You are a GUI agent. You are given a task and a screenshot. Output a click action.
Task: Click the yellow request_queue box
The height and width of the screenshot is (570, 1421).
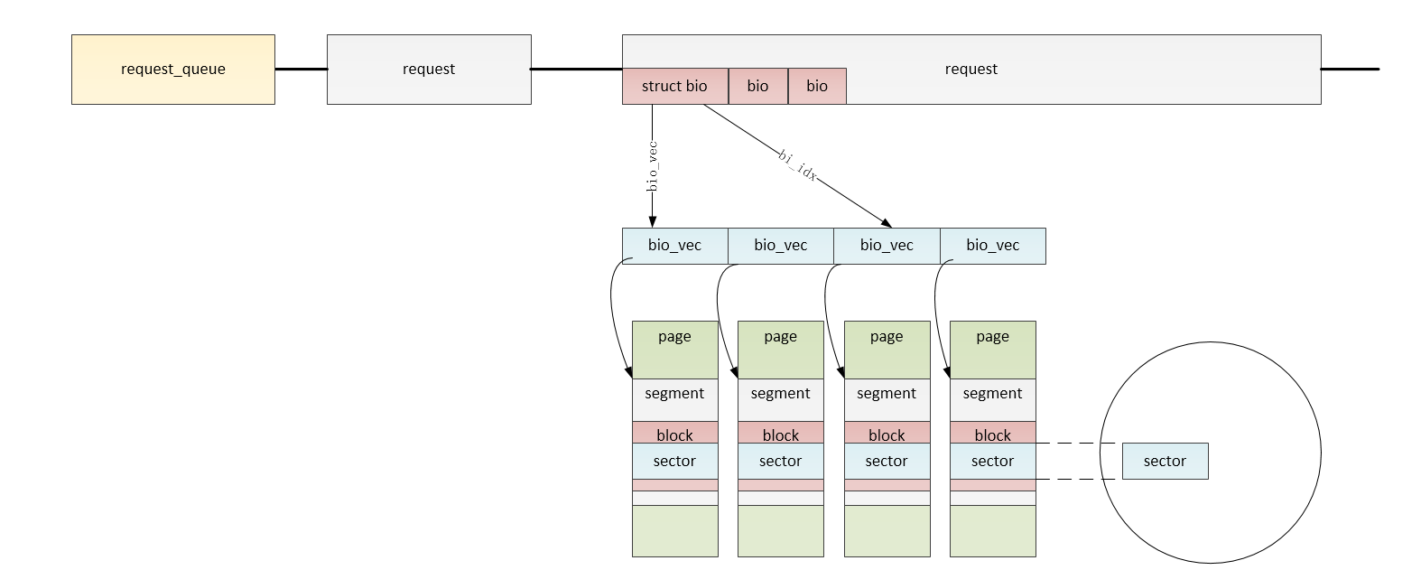[x=173, y=70]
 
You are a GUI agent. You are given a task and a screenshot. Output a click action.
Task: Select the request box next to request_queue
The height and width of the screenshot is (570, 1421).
[x=429, y=70]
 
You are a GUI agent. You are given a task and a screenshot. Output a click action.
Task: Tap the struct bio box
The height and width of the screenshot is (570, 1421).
[x=675, y=86]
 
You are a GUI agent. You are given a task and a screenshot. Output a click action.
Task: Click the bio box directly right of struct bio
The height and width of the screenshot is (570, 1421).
[x=758, y=86]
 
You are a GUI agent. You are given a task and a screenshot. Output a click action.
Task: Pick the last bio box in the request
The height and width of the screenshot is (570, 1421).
[x=817, y=86]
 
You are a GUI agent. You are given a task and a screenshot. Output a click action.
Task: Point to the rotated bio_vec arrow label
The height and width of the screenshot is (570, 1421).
[x=652, y=166]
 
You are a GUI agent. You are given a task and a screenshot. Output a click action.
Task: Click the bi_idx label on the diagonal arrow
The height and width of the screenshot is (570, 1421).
[x=797, y=165]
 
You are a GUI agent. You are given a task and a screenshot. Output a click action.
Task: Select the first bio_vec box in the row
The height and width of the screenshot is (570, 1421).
[x=675, y=246]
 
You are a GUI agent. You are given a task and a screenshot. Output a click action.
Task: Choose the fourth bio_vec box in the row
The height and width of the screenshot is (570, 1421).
[x=993, y=246]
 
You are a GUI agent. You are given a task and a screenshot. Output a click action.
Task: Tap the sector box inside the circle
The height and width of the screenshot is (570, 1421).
[x=1166, y=461]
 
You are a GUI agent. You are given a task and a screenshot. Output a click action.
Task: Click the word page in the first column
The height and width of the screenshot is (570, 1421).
[x=674, y=336]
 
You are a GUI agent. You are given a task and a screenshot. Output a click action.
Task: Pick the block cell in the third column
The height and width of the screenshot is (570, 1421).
[x=887, y=433]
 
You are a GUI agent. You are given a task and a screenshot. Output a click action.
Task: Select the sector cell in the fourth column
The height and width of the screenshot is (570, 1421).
[x=993, y=461]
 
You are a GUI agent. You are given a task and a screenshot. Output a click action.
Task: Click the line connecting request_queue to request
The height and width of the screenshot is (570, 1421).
[x=302, y=70]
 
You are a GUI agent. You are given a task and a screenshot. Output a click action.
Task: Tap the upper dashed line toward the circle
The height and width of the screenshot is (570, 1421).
[x=1076, y=443]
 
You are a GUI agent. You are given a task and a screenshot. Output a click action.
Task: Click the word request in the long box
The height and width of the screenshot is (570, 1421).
[x=971, y=69]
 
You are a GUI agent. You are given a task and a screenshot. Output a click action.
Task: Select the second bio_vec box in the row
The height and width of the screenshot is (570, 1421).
[x=781, y=246]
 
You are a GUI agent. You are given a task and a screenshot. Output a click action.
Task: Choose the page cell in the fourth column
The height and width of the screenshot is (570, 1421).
[x=993, y=350]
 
